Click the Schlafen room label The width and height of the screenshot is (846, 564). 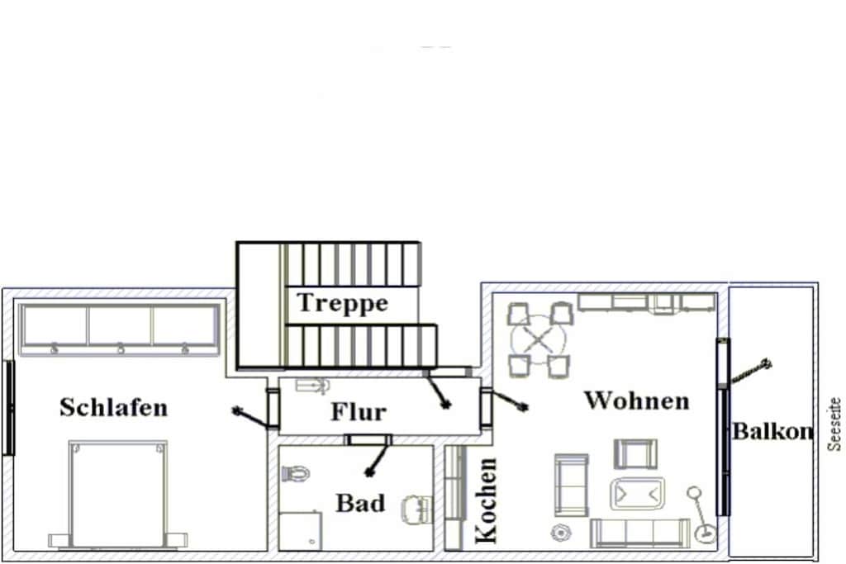pos(114,407)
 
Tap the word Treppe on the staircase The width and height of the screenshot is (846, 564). pos(343,302)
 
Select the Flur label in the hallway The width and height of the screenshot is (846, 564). pos(359,412)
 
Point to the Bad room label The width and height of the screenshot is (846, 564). pos(360,503)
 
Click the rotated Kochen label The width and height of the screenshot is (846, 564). pos(486,500)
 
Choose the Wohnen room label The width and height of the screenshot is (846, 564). pos(637,400)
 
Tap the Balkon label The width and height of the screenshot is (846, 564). pos(772,431)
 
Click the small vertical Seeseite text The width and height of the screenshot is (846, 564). pos(834,424)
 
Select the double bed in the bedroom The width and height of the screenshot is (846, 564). pos(118,494)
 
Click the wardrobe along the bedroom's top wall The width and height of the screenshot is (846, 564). pos(119,329)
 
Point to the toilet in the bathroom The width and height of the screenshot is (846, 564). pos(296,474)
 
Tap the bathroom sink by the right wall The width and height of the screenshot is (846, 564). pos(417,509)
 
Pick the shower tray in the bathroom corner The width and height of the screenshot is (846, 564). pos(301,531)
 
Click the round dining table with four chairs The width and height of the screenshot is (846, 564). pos(539,339)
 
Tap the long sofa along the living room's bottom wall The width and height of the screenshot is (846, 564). pos(640,533)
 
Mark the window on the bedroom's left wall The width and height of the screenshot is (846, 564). pos(8,408)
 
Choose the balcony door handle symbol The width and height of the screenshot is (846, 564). pos(750,372)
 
